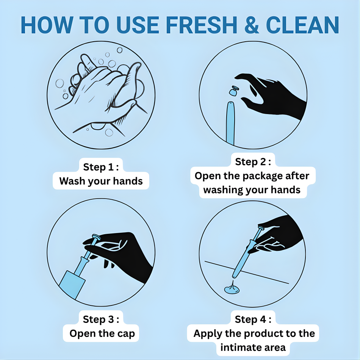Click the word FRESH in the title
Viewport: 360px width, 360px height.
(x=201, y=25)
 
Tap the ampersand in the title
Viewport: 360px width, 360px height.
(x=252, y=25)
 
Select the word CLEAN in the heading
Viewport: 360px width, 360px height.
(x=303, y=25)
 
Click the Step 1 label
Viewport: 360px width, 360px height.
(x=101, y=167)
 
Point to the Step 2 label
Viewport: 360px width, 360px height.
(x=253, y=162)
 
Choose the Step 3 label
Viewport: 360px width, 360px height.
(x=101, y=319)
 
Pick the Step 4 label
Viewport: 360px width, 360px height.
(x=253, y=319)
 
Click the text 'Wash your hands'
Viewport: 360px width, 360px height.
(x=101, y=181)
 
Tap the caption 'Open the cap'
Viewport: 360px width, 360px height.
(x=102, y=333)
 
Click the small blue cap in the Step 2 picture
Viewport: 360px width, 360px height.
(x=234, y=91)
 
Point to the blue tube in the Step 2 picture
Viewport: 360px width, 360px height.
(x=230, y=123)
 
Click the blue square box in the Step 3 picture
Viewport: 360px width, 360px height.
(x=72, y=285)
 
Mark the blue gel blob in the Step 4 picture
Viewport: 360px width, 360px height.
(x=232, y=288)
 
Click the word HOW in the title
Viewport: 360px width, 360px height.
(x=47, y=25)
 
